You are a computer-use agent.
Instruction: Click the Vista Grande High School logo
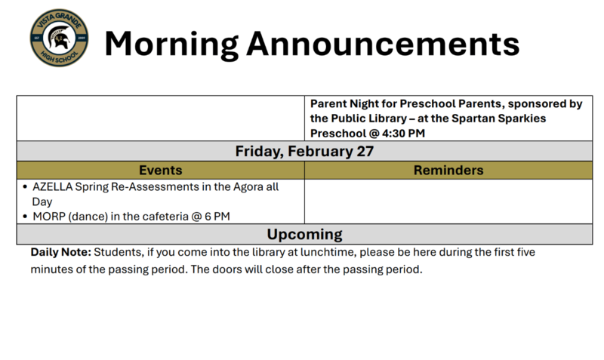[59, 39]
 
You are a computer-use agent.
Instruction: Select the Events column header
[160, 171]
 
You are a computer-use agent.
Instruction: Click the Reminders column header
[448, 171]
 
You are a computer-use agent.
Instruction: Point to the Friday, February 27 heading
[304, 151]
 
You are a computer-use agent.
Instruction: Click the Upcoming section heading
[304, 234]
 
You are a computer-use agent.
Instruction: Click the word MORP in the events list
[49, 216]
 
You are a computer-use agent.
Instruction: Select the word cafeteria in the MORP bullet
[156, 216]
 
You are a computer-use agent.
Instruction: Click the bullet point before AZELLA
[25, 186]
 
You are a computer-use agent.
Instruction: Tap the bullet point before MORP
[25, 216]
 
